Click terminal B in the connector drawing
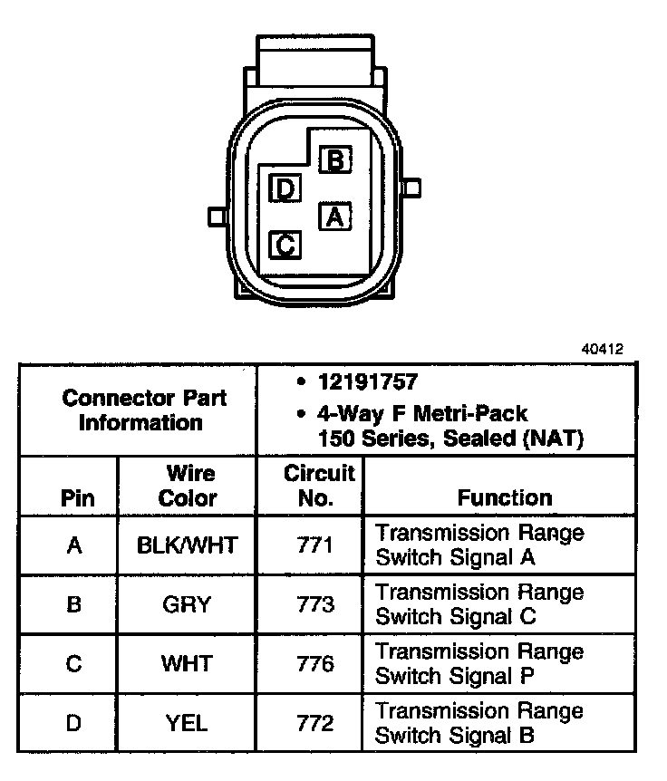tap(334, 161)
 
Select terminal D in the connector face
tap(285, 188)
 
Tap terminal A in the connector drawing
tap(334, 217)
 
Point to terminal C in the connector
tap(285, 244)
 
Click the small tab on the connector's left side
tap(217, 217)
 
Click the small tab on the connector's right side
tap(414, 188)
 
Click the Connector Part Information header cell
tap(145, 410)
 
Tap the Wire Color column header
tap(188, 486)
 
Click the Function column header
tap(504, 497)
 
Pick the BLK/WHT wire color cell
tap(188, 545)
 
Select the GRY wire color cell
tap(188, 604)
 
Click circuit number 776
tap(315, 664)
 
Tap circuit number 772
tap(315, 723)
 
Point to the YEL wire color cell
tap(188, 723)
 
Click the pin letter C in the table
tap(74, 664)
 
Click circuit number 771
tap(315, 545)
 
